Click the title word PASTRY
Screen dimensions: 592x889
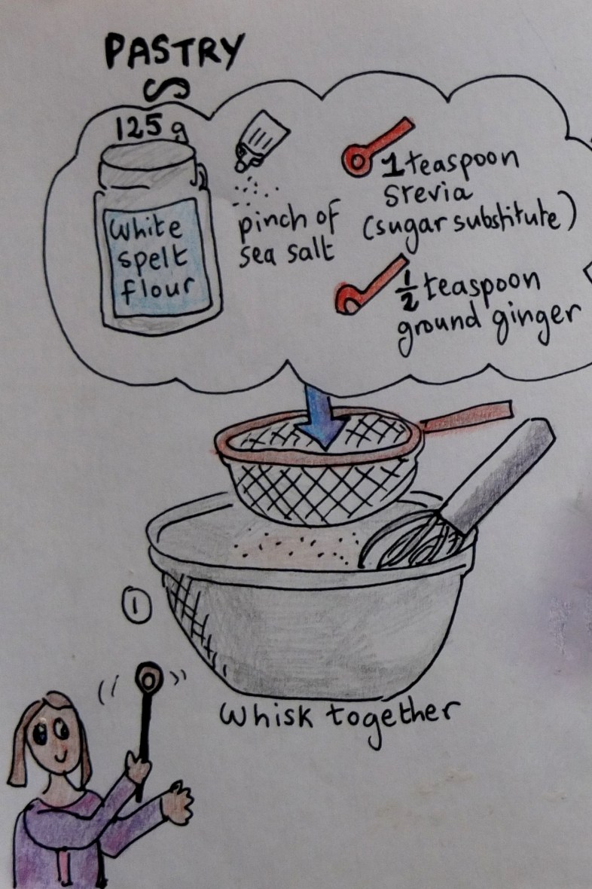tap(174, 51)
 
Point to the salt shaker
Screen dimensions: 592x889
tap(261, 141)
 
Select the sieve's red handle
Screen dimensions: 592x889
tap(466, 414)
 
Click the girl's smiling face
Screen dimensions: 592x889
tap(56, 741)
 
